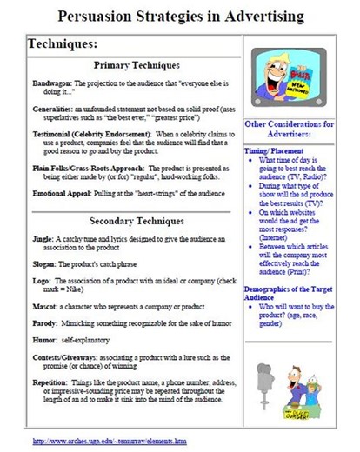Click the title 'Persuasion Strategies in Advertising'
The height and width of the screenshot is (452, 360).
coord(180,16)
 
